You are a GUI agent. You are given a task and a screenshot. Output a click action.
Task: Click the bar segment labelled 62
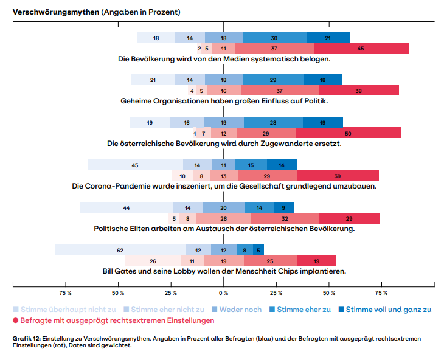pos(120,250)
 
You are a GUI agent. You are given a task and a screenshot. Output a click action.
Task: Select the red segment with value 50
pos(348,133)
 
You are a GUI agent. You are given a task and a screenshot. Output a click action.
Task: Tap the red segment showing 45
pos(361,48)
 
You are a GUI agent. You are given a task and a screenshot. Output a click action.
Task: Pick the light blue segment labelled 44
pos(127,207)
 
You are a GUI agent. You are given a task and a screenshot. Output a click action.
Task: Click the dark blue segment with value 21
pos(328,38)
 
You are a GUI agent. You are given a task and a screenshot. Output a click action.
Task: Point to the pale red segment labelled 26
pos(153,261)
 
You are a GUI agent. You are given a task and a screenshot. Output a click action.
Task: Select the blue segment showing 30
pos(274,38)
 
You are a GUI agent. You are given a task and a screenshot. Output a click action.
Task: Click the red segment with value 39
pos(338,176)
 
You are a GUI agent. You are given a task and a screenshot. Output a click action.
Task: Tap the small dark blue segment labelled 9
pos(284,207)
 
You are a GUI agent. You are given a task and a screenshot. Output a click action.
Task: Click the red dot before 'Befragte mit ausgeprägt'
pos(16,320)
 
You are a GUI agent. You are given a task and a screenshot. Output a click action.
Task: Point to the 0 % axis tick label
pos(224,293)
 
